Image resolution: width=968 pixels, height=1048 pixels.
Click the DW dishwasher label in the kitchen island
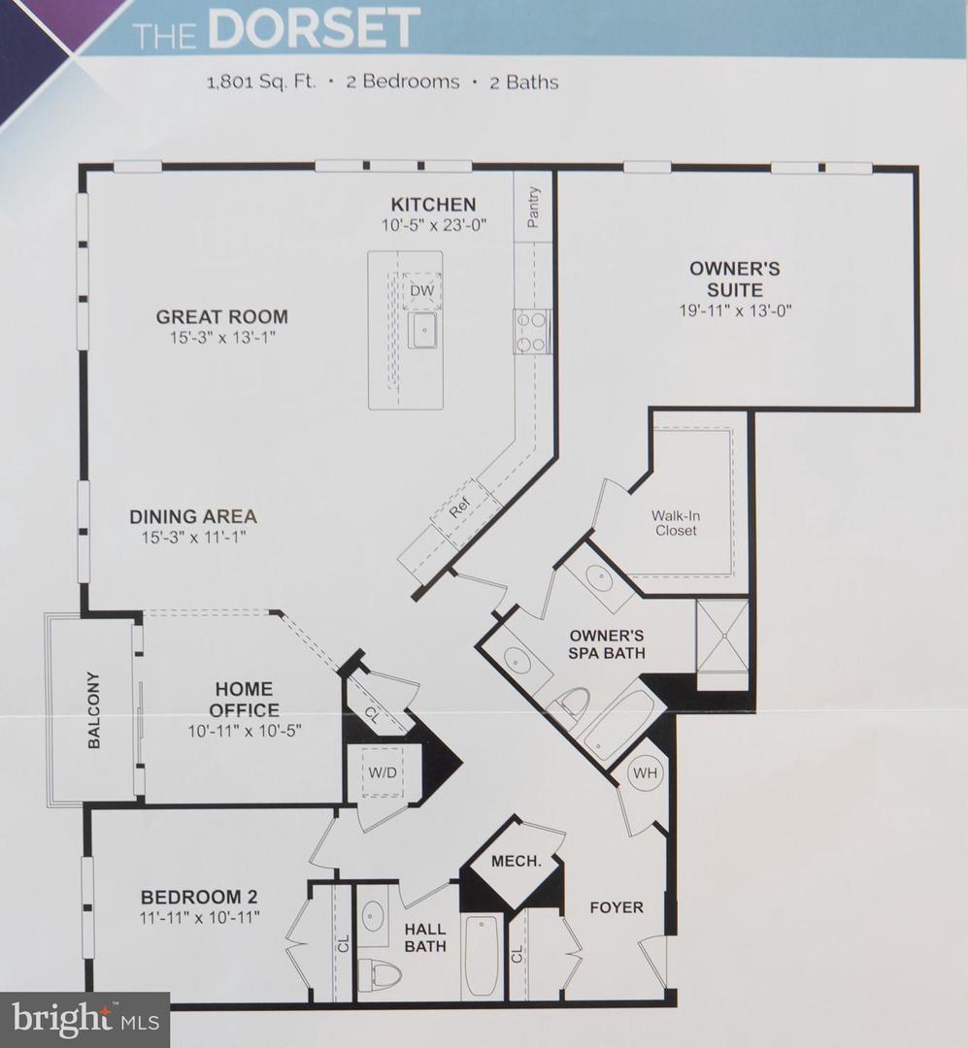click(x=420, y=290)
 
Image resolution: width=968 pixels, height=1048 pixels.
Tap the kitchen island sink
click(x=423, y=331)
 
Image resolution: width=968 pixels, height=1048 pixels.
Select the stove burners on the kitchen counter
click(x=533, y=331)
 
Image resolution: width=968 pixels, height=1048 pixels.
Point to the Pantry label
click(x=533, y=207)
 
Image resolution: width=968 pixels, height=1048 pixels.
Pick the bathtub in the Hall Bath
click(x=481, y=956)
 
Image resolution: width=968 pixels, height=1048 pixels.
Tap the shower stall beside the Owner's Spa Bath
click(x=722, y=636)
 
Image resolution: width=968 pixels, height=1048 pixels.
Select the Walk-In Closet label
click(x=675, y=523)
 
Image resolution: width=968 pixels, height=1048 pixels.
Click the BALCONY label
click(x=94, y=709)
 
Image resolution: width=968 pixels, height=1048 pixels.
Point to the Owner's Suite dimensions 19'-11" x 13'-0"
click(x=734, y=311)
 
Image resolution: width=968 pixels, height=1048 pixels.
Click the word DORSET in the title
click(x=315, y=29)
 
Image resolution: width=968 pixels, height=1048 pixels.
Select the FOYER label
click(x=617, y=907)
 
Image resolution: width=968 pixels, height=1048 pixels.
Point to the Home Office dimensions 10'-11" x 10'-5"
click(x=246, y=731)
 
